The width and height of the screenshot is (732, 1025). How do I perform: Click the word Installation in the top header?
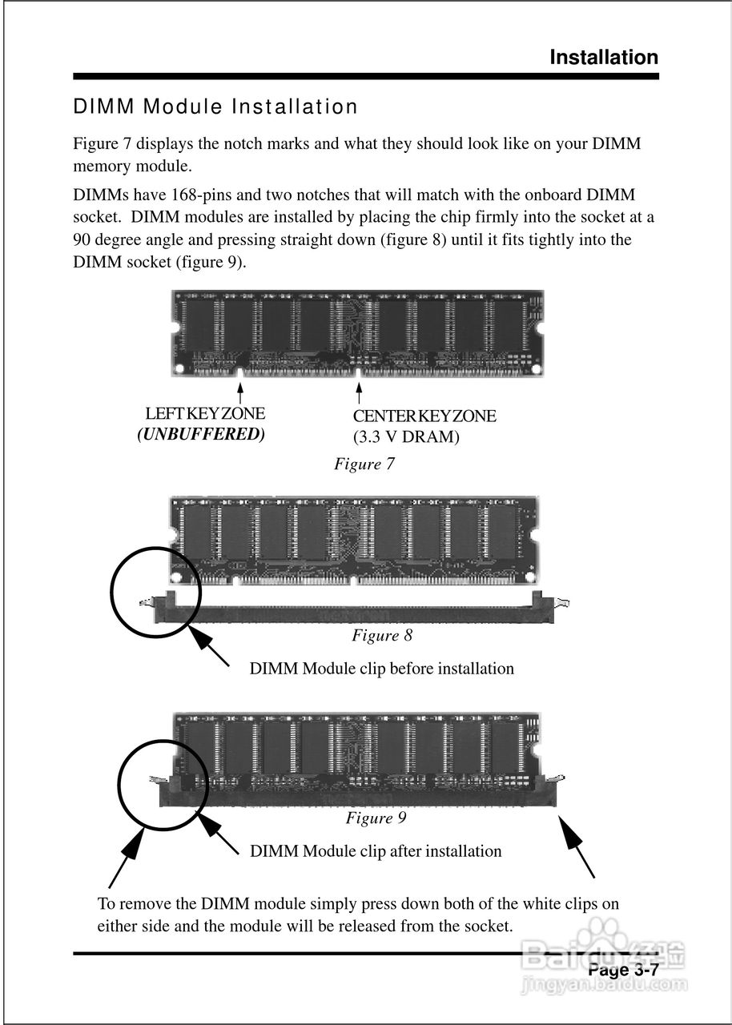pyautogui.click(x=604, y=58)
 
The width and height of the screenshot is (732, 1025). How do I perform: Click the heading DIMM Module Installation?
pyautogui.click(x=215, y=107)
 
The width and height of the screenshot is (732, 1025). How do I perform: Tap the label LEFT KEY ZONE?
pyautogui.click(x=205, y=414)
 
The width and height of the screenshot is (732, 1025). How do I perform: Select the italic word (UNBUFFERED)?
pyautogui.click(x=200, y=435)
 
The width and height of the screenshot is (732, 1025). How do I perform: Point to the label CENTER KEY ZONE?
pyautogui.click(x=424, y=416)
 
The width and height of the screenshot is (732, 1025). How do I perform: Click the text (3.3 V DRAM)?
pyautogui.click(x=406, y=437)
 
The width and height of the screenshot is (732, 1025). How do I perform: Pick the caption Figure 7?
pyautogui.click(x=364, y=464)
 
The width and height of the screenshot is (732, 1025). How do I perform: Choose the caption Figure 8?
pyautogui.click(x=382, y=635)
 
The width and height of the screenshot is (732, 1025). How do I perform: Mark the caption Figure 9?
pyautogui.click(x=376, y=818)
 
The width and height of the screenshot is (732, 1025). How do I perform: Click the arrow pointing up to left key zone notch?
pyautogui.click(x=240, y=393)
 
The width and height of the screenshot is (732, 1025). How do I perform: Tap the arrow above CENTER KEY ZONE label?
pyautogui.click(x=359, y=393)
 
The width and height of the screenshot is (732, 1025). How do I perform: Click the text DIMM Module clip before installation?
pyautogui.click(x=381, y=668)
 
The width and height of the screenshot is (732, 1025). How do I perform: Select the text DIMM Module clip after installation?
pyautogui.click(x=376, y=850)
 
